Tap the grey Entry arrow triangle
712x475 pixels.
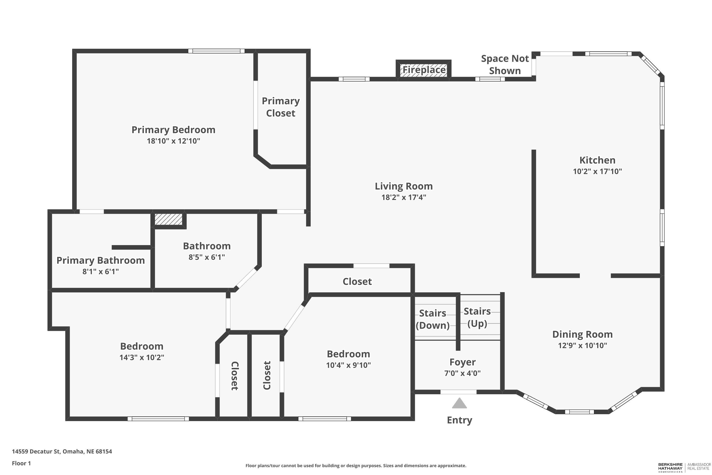click(459, 403)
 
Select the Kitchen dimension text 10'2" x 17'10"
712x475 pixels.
click(597, 171)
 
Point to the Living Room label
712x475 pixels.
click(404, 186)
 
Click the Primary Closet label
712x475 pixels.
click(281, 107)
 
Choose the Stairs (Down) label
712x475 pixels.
click(433, 319)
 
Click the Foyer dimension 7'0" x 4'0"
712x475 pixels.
click(462, 373)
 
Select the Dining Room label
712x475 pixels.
click(582, 334)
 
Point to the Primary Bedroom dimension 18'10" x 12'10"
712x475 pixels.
click(173, 141)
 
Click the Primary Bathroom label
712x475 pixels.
click(100, 260)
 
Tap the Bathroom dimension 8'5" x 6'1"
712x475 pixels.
click(207, 257)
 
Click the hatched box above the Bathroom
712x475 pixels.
click(169, 219)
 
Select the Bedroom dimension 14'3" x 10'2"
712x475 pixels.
click(142, 357)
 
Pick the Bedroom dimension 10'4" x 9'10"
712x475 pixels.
click(348, 365)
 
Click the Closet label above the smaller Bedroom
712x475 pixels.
click(357, 282)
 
